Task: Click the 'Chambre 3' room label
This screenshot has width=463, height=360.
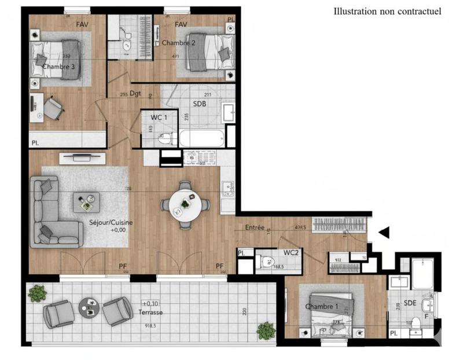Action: (x=58, y=67)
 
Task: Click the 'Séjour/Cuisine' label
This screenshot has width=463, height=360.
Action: (x=111, y=222)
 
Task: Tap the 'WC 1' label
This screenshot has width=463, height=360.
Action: (x=160, y=117)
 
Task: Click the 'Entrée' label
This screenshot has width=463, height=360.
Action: (x=255, y=228)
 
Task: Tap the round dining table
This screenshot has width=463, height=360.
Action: (x=185, y=205)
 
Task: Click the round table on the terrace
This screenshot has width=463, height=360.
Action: (x=89, y=306)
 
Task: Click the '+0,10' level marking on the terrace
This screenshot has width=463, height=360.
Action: (x=150, y=303)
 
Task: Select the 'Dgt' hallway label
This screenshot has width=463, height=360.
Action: (x=135, y=94)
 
